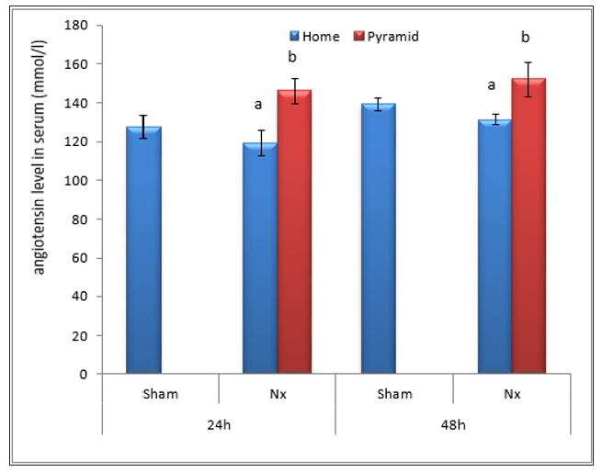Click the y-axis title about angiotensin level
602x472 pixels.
(40, 197)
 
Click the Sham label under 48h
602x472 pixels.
(394, 394)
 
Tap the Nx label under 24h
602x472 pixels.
(277, 394)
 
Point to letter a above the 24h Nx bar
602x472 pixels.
(258, 105)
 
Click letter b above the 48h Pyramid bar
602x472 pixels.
(525, 38)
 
